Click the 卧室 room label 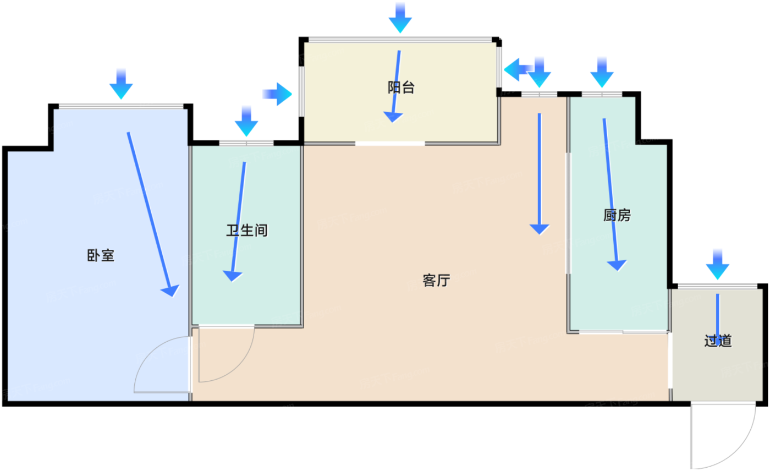coord(101,255)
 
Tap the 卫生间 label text coord(246,231)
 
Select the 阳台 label coord(401,87)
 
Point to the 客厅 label coord(437,281)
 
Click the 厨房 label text coord(617,215)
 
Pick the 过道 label coord(718,341)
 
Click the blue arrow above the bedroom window coord(121,84)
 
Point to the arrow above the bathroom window coord(246,121)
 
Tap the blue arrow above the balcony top coord(400,17)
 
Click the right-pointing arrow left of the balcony coord(278,94)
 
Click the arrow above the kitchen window coord(602,72)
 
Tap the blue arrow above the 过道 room coord(718,265)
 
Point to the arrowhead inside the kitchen coord(618,265)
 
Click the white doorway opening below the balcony coord(389,144)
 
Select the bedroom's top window coord(121,106)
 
